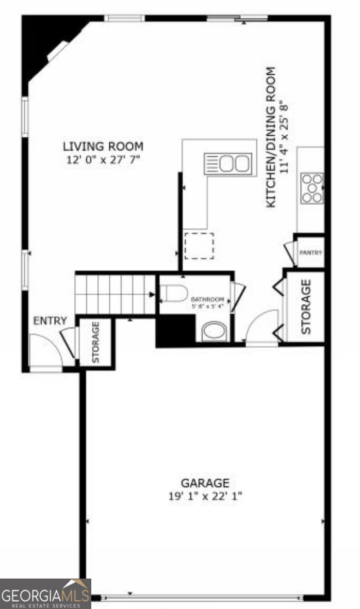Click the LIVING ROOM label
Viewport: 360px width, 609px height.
[x=103, y=147]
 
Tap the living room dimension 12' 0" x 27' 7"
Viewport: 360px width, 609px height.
[x=103, y=159]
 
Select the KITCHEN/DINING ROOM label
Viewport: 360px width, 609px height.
[x=270, y=138]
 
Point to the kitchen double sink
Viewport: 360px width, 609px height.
[x=227, y=164]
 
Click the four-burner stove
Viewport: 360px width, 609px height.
[x=312, y=188]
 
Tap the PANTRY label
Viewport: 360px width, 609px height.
[x=311, y=253]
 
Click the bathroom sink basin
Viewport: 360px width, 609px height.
[x=214, y=331]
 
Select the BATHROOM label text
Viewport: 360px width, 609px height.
[x=208, y=299]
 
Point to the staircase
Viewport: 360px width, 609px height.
[x=115, y=294]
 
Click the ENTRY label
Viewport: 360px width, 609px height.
[x=50, y=321]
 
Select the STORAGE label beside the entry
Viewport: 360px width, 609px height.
[x=95, y=343]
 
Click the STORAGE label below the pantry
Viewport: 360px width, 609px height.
[x=306, y=307]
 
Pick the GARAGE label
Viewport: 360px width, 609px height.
[x=205, y=484]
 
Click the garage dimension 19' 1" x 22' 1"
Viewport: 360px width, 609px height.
[x=205, y=496]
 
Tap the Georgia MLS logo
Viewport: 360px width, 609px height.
[x=45, y=594]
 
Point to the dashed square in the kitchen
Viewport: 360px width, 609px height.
[x=199, y=246]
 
